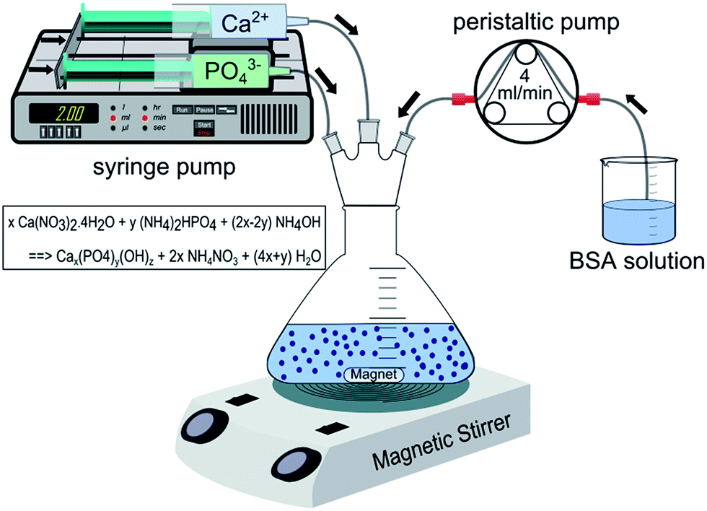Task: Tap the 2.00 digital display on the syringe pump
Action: [x=61, y=113]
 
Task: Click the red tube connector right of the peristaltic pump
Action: [x=594, y=97]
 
